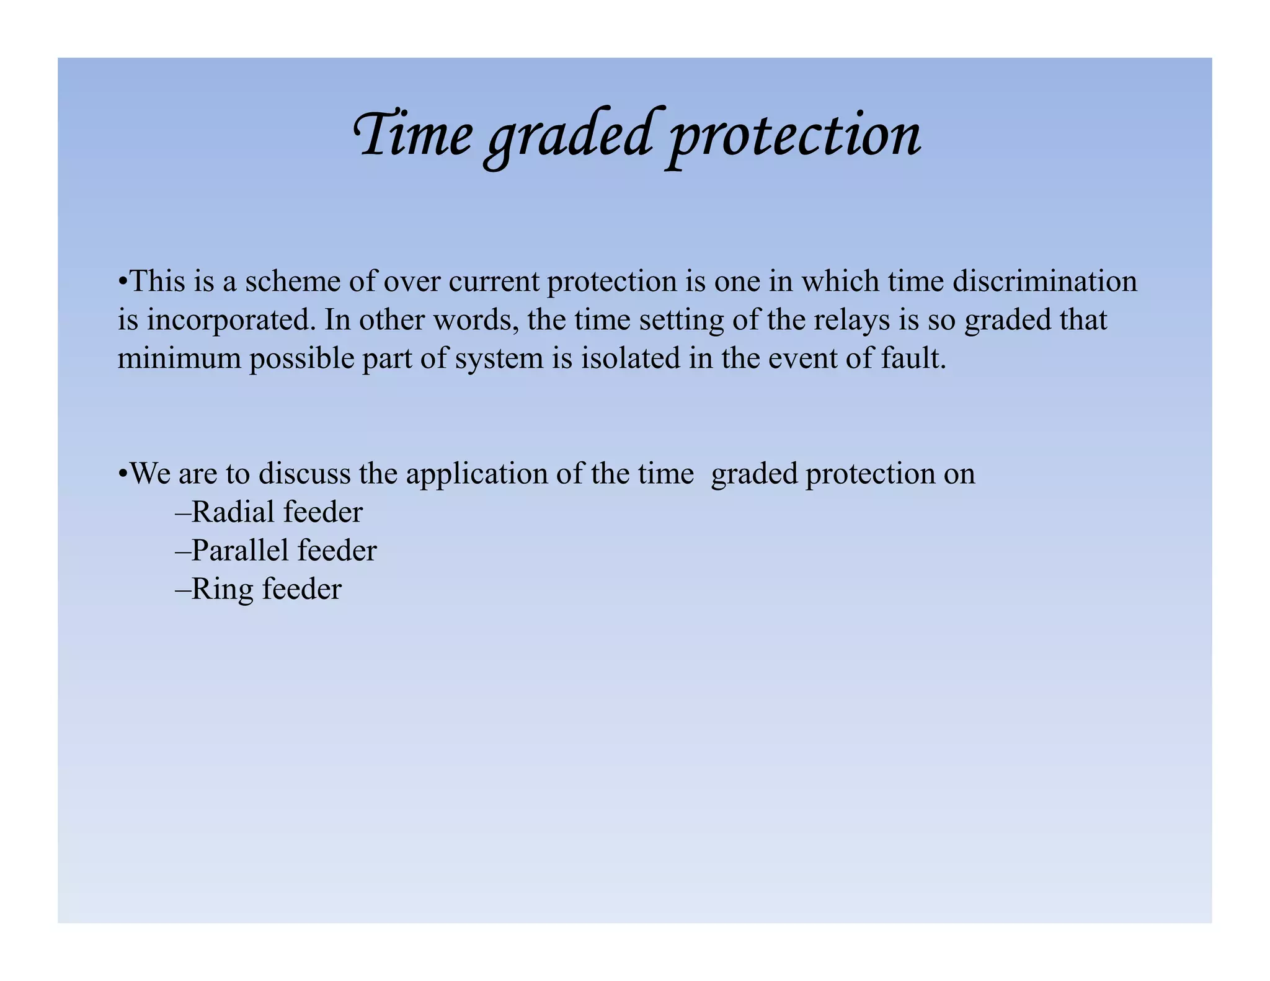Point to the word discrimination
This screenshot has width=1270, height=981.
[1044, 282]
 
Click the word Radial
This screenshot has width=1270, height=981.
[233, 512]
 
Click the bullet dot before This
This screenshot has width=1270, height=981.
[123, 283]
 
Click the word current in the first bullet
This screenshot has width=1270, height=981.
[494, 282]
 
